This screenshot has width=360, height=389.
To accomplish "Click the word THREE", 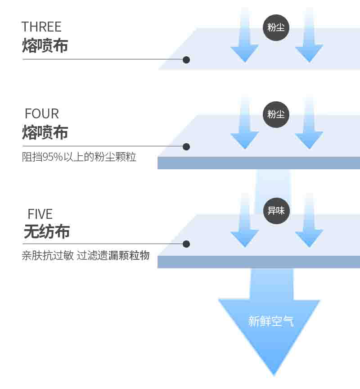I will (41, 27).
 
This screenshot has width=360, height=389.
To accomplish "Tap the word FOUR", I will (42, 113).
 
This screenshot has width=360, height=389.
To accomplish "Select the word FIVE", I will (40, 214).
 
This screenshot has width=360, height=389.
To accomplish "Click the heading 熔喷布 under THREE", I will (45, 46).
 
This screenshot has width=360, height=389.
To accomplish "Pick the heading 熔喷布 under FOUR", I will (45, 133).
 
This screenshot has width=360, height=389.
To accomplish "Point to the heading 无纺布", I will (46, 232).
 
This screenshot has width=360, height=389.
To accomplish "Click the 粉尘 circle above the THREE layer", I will (276, 27).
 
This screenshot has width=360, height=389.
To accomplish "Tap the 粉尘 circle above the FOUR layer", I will (276, 114).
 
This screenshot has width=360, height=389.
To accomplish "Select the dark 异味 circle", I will (276, 210).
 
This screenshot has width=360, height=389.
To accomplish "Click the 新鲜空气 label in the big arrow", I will (271, 321).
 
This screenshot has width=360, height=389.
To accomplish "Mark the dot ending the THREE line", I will (186, 59).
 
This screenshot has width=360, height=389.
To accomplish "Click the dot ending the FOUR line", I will (186, 147).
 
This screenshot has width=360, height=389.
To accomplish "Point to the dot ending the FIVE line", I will (186, 244).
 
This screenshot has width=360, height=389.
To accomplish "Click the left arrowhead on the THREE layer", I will (244, 53).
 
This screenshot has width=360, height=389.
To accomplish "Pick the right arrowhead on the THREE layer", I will (309, 53).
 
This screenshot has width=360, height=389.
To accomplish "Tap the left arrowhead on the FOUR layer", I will (244, 140).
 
